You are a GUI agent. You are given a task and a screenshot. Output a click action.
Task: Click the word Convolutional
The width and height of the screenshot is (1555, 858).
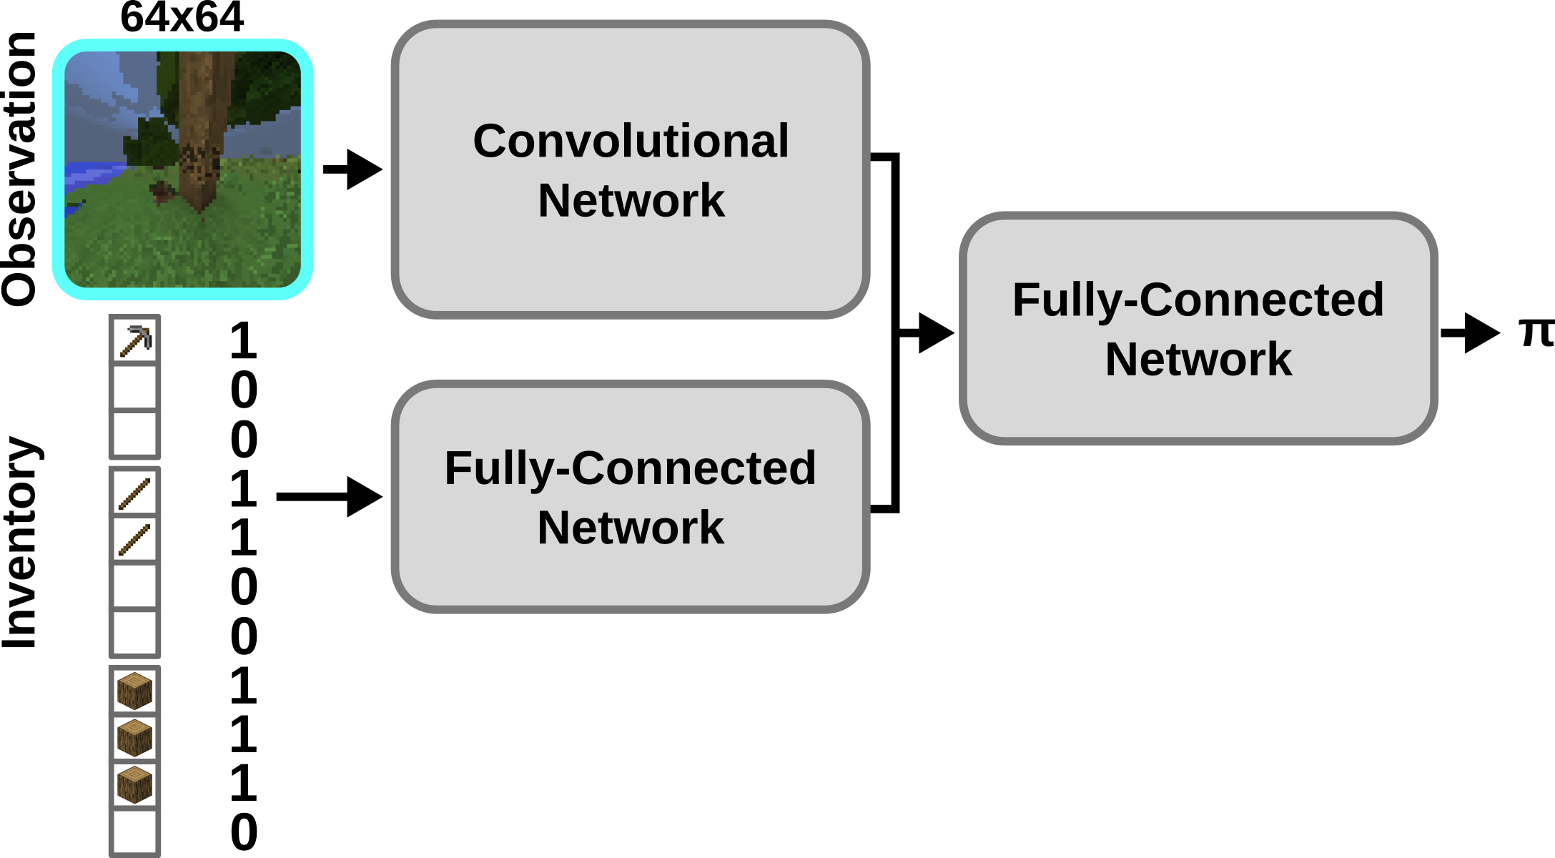pyautogui.click(x=631, y=141)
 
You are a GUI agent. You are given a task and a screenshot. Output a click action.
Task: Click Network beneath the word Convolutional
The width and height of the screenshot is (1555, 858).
pyautogui.click(x=631, y=200)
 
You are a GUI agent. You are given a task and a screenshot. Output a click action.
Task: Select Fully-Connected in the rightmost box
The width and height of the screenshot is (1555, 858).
pyautogui.click(x=1198, y=300)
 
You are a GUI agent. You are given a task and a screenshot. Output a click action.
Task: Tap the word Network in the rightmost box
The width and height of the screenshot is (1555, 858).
pyautogui.click(x=1198, y=359)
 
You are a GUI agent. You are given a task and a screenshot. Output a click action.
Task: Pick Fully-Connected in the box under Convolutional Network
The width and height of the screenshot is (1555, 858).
pyautogui.click(x=630, y=468)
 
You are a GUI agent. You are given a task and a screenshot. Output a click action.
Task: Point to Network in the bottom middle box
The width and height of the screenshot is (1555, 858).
pyautogui.click(x=630, y=528)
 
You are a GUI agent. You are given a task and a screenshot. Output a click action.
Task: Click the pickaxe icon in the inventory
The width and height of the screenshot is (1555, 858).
pyautogui.click(x=135, y=340)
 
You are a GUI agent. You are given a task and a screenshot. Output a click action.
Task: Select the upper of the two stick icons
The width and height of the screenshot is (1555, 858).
pyautogui.click(x=134, y=493)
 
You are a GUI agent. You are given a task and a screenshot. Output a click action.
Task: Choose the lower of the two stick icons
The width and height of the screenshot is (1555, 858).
pyautogui.click(x=134, y=539)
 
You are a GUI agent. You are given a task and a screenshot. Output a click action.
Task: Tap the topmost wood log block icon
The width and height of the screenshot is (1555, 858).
pyautogui.click(x=134, y=691)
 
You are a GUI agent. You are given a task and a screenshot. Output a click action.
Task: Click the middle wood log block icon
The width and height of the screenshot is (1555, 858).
pyautogui.click(x=134, y=738)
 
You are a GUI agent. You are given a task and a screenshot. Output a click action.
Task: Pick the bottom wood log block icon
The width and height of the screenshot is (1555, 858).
pyautogui.click(x=134, y=784)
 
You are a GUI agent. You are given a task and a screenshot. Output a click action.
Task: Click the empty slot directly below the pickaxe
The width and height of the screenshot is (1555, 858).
pyautogui.click(x=134, y=387)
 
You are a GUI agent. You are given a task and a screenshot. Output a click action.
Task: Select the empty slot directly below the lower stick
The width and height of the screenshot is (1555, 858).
pyautogui.click(x=134, y=586)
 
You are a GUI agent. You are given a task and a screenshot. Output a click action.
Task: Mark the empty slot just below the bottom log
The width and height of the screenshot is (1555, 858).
pyautogui.click(x=134, y=832)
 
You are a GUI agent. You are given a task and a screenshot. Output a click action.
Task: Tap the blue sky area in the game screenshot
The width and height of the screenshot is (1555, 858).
pyautogui.click(x=100, y=86)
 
